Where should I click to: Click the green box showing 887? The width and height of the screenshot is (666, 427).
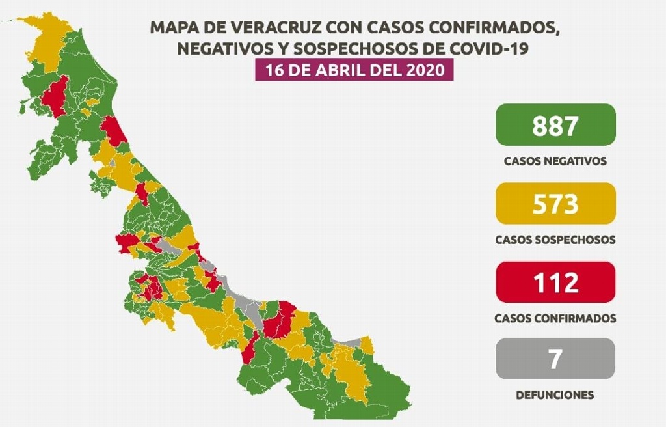(x=555, y=124)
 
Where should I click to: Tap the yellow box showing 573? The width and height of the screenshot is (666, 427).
(x=555, y=204)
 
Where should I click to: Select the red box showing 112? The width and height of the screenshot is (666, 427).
(x=555, y=282)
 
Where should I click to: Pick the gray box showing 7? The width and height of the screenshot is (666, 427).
(x=555, y=359)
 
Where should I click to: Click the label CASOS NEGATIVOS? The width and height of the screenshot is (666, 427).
(x=555, y=161)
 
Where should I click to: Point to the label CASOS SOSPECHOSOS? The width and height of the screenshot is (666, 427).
(x=555, y=240)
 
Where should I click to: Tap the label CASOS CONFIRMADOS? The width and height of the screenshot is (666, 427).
(x=555, y=319)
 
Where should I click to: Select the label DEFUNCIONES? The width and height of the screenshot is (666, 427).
(x=555, y=395)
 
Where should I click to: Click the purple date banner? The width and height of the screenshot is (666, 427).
(x=353, y=69)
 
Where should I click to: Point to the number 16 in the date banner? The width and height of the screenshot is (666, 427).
(x=272, y=69)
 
